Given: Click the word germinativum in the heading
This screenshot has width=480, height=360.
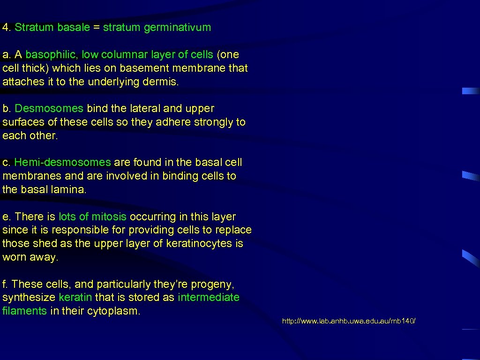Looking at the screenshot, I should pyautogui.click(x=178, y=27).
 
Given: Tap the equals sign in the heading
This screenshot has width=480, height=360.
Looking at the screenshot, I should pyautogui.click(x=96, y=27).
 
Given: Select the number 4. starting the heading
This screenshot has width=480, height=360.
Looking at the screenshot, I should pyautogui.click(x=7, y=27).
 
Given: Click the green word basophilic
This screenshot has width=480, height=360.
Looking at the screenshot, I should pyautogui.click(x=52, y=54).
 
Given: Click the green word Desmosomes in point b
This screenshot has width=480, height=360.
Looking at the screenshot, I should pyautogui.click(x=49, y=108).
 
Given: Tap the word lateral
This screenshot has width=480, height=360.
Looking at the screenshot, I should pyautogui.click(x=143, y=108).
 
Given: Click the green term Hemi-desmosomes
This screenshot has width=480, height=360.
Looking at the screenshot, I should pyautogui.click(x=63, y=162).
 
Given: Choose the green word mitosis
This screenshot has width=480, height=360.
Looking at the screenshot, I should pyautogui.click(x=109, y=217).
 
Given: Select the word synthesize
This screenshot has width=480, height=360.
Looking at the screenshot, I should pyautogui.click(x=29, y=297).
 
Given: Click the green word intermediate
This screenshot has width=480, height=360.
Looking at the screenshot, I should pyautogui.click(x=209, y=297).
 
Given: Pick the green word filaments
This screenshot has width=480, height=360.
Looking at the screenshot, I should pyautogui.click(x=24, y=310).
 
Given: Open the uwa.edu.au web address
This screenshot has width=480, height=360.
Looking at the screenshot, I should pyautogui.click(x=349, y=321).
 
